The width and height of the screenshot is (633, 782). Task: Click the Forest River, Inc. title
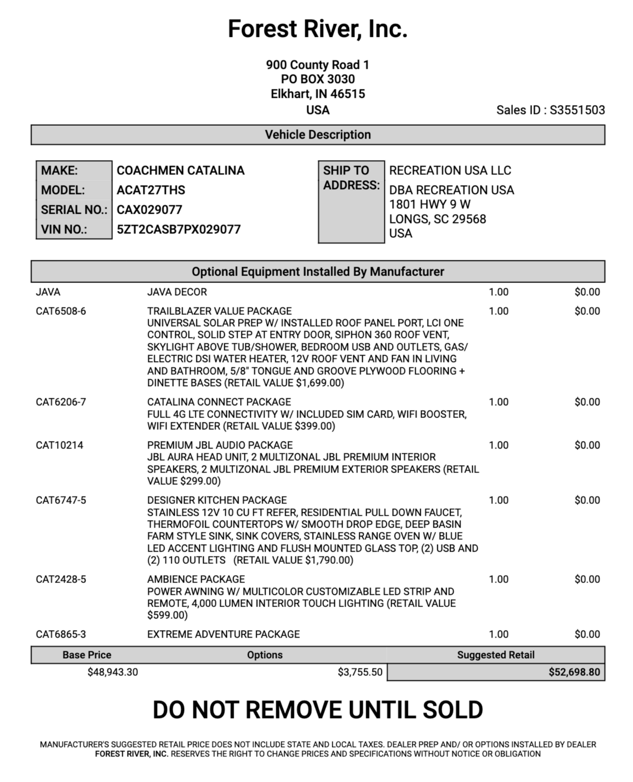[318, 29]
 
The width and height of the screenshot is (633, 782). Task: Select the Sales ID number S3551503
[577, 110]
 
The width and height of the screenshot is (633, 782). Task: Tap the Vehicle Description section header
[318, 135]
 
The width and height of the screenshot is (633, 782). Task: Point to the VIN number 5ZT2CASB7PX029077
[179, 229]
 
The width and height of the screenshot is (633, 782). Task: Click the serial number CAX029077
[149, 210]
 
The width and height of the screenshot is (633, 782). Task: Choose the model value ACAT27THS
[151, 190]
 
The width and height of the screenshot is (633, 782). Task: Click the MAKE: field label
[60, 171]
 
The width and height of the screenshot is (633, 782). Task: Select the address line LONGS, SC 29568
[438, 219]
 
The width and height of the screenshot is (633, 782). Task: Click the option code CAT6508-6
[61, 311]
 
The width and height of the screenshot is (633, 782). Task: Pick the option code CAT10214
[59, 445]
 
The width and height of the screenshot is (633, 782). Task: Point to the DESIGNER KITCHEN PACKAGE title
[217, 500]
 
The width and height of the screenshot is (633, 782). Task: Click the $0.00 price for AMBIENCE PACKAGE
[587, 579]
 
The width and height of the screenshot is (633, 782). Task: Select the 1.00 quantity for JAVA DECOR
[498, 292]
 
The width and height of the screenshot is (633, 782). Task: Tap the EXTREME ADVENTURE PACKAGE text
[223, 634]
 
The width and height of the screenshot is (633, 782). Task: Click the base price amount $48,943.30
[112, 672]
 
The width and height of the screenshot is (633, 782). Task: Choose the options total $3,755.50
[360, 672]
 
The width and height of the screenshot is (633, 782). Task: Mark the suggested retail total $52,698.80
[574, 672]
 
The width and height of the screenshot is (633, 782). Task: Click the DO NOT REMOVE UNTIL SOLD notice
[318, 710]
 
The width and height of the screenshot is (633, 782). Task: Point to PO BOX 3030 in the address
[318, 79]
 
